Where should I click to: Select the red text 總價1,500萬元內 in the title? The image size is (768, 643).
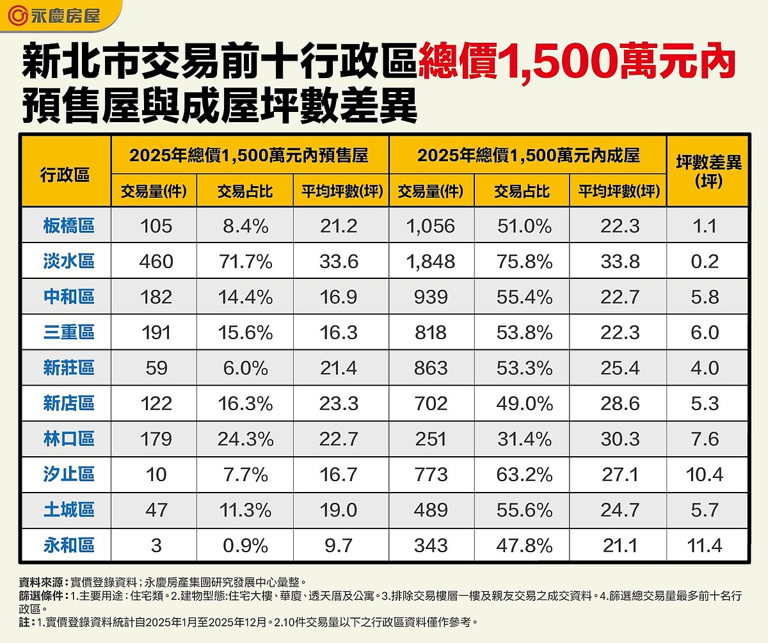click(x=576, y=63)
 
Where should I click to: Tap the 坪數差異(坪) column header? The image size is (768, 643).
click(x=708, y=171)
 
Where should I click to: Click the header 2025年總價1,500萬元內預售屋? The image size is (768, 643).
click(x=250, y=155)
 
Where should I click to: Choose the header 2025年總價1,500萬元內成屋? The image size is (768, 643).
click(x=528, y=155)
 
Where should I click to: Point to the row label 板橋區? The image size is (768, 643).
click(x=69, y=225)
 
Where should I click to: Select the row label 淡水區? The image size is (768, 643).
click(x=69, y=261)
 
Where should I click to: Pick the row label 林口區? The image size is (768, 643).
click(x=69, y=439)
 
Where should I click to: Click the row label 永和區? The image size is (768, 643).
click(x=69, y=545)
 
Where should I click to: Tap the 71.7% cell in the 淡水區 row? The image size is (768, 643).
click(x=246, y=261)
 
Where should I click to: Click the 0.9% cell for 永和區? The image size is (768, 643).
click(x=246, y=545)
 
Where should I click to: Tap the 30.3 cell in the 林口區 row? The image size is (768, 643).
click(x=618, y=439)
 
